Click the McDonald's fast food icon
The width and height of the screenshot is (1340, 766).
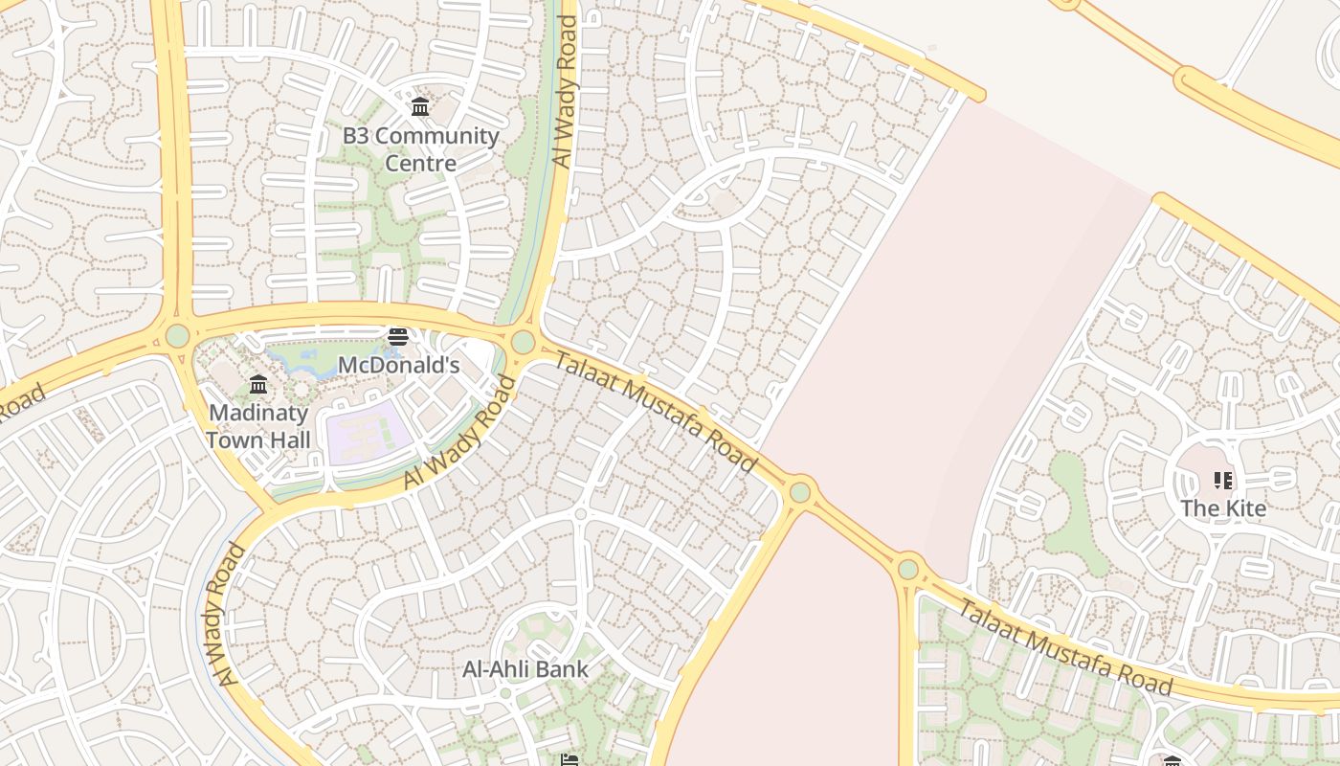398,337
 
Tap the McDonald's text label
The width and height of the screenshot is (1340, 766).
398,365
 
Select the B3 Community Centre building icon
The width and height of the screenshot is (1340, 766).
420,106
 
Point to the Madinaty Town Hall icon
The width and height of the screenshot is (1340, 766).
258,385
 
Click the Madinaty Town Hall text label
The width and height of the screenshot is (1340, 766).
258,426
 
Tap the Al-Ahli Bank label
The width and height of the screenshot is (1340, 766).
525,668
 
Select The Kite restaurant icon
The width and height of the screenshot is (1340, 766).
1222,480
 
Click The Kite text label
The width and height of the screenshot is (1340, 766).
1222,507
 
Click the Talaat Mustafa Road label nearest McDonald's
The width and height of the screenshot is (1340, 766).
657,412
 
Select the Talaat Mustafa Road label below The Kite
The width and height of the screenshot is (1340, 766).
1064,647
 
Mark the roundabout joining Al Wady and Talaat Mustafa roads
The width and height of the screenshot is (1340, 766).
523,342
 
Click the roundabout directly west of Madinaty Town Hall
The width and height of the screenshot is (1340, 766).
177,336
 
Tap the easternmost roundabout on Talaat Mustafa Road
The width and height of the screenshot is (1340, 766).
908,570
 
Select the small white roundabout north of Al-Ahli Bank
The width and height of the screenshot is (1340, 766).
580,514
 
